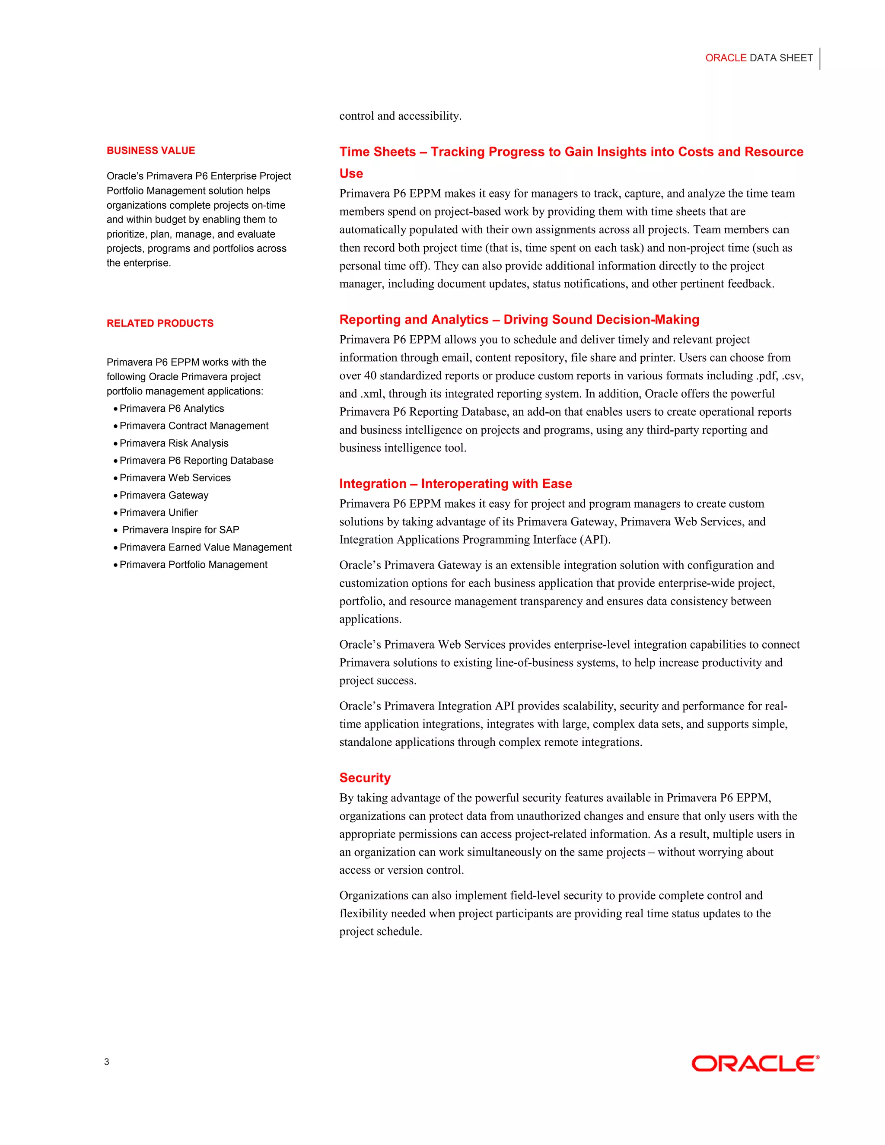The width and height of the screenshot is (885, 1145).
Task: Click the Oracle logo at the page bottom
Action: [x=754, y=1063]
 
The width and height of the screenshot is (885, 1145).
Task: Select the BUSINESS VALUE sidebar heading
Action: [x=150, y=150]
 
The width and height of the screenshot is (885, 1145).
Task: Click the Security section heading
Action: [x=364, y=777]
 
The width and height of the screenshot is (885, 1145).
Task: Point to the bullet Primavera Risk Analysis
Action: [x=174, y=443]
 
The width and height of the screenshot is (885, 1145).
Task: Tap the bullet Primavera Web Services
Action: [x=175, y=477]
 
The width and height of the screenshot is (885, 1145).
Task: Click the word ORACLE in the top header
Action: [x=725, y=57]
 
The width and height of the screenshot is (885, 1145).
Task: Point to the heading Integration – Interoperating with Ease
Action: [x=455, y=483]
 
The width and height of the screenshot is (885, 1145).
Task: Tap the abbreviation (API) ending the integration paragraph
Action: [x=595, y=540]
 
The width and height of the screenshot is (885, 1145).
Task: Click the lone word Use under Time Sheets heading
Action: [x=351, y=174]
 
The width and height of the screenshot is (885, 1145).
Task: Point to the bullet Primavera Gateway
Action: [x=164, y=495]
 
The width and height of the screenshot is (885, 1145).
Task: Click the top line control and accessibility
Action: [x=400, y=116]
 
